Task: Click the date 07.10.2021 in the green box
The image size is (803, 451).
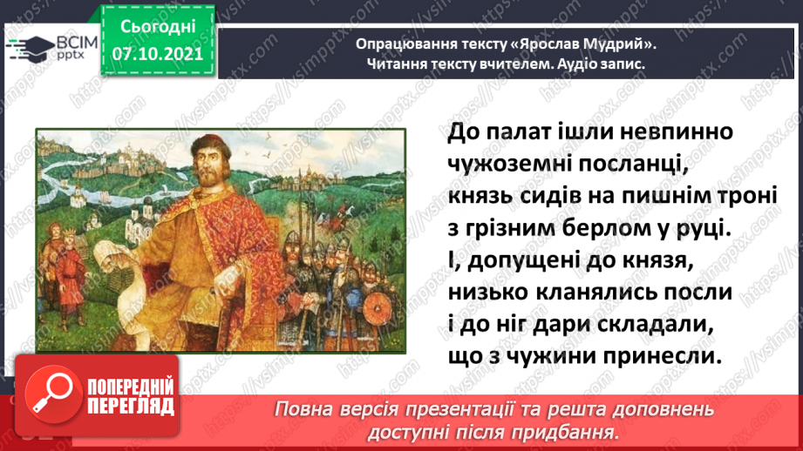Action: point(158,54)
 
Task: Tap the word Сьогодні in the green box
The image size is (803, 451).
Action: point(158,27)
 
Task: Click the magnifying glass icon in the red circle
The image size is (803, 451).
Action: point(52,394)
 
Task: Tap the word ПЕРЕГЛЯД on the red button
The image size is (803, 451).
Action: point(131,407)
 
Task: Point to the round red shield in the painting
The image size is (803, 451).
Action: point(378,308)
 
